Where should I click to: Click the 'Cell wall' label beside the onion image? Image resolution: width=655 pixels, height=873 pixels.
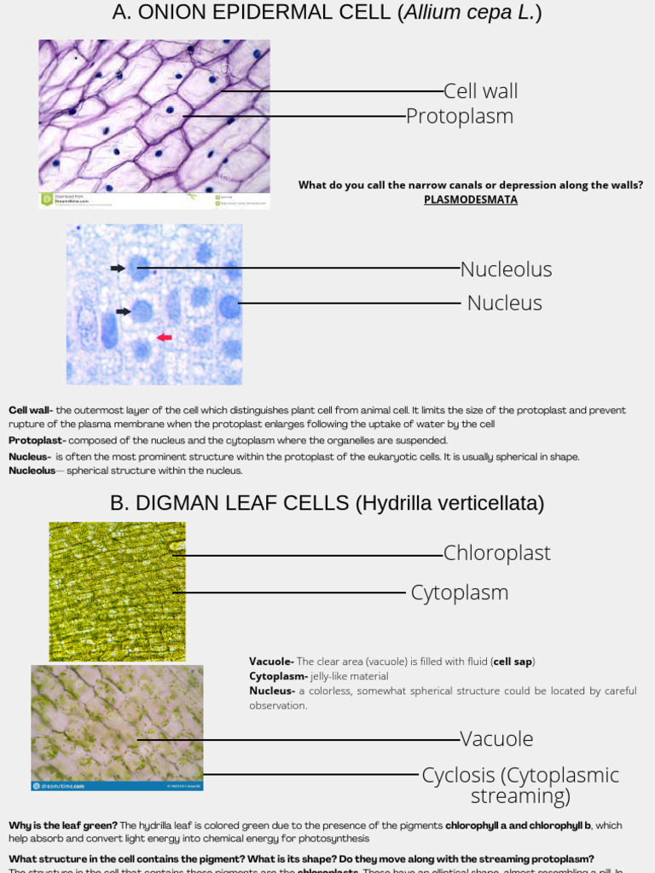click(x=480, y=91)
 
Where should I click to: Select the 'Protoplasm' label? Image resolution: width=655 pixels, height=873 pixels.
click(x=459, y=116)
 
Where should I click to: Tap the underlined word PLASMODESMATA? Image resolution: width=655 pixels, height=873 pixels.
click(x=470, y=199)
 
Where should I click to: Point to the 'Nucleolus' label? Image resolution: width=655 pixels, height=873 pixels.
click(x=506, y=269)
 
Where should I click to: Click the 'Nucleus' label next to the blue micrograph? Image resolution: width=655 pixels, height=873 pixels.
click(x=504, y=303)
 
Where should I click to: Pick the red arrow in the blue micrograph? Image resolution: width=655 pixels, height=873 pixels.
click(x=164, y=338)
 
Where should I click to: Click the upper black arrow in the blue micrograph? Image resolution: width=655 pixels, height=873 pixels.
click(x=118, y=269)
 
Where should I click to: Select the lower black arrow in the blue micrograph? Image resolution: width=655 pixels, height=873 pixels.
click(x=124, y=311)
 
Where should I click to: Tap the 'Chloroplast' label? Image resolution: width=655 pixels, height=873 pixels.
click(x=496, y=553)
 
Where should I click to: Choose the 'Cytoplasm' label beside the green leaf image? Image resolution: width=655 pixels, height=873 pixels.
click(x=459, y=593)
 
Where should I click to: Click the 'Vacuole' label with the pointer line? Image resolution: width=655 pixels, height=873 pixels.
click(x=496, y=739)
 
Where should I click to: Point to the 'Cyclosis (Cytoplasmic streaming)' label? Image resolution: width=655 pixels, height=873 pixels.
click(x=519, y=785)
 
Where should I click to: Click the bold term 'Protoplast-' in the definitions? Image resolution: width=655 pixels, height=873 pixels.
click(x=37, y=441)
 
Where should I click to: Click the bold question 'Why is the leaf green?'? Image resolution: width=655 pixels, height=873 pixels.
click(x=62, y=825)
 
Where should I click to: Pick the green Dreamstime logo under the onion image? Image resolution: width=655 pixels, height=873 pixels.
click(x=47, y=199)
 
